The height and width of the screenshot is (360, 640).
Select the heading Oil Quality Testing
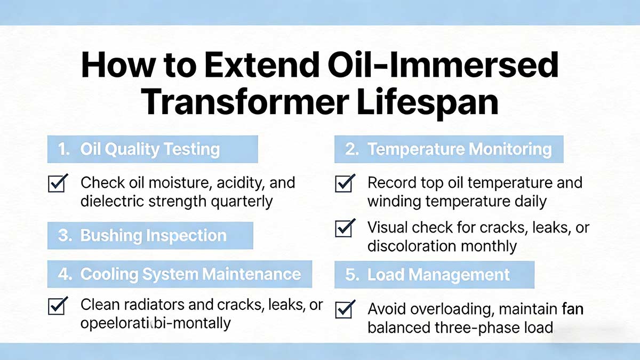pos(150,149)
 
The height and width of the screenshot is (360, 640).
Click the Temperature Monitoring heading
pos(459,149)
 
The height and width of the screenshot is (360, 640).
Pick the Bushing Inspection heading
pos(153,236)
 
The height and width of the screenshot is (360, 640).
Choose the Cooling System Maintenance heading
pos(190,275)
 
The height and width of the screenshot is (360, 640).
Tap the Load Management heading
pos(438,275)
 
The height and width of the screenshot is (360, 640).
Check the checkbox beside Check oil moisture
pos(57,184)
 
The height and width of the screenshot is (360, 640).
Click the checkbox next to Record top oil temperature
pos(345,184)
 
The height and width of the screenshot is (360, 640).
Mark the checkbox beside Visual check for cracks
pos(345,229)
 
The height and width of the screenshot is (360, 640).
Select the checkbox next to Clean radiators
pos(57,306)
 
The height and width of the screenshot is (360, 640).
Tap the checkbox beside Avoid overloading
pos(345,309)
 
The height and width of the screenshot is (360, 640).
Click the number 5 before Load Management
pos(351,275)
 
